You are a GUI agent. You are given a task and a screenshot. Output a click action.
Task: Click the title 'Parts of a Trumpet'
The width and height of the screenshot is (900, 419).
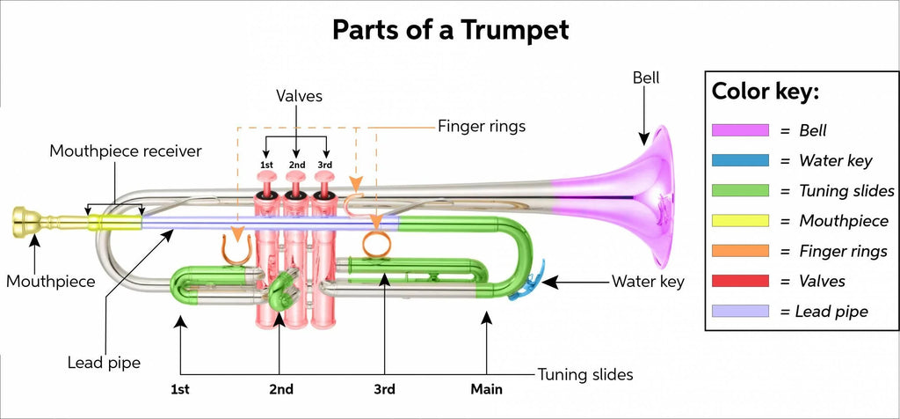point(450,29)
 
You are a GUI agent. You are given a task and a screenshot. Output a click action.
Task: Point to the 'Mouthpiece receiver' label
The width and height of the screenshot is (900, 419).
point(125,151)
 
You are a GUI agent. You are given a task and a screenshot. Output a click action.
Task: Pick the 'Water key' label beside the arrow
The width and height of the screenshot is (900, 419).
point(647,283)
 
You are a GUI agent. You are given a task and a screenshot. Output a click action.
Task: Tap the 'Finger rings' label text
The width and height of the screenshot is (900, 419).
point(481,126)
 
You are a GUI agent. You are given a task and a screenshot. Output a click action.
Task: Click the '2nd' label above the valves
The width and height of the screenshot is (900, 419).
point(296,165)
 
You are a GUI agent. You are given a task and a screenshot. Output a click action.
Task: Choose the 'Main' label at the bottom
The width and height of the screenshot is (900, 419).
point(486,389)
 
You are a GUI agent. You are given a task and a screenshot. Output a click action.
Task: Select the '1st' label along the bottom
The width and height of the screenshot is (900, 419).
point(181,389)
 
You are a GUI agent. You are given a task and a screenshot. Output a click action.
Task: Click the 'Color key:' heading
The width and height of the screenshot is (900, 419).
point(765,92)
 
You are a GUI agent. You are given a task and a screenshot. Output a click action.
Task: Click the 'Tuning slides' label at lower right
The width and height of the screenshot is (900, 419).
point(585,374)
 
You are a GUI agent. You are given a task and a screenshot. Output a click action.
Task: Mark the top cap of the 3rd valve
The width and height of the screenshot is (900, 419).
point(325,176)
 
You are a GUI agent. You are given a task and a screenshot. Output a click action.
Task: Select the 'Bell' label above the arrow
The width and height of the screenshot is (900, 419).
point(646,78)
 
